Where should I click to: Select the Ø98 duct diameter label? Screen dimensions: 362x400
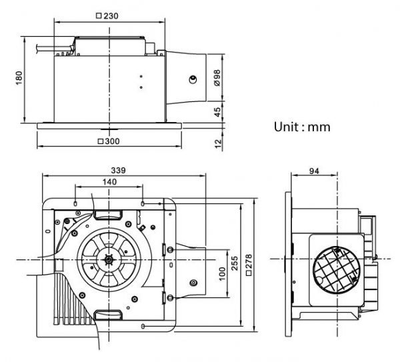pos(217,79)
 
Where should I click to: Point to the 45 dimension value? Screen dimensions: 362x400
pos(217,111)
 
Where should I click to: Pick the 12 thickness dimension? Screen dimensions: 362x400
pos(217,142)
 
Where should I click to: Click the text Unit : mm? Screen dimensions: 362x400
pos(302,125)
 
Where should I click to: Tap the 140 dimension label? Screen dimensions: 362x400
pos(109,182)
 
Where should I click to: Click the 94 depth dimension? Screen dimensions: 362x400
pos(313,171)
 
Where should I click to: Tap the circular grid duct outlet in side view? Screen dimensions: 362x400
pos(336,268)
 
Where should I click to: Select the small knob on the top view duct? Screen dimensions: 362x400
pos(193,79)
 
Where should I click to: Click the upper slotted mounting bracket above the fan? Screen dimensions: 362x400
pos(107,214)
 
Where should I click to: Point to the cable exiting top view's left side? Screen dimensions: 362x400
pos(47,47)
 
